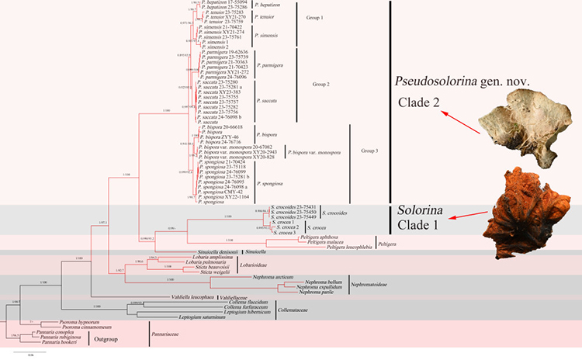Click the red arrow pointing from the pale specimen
pos(459,119)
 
